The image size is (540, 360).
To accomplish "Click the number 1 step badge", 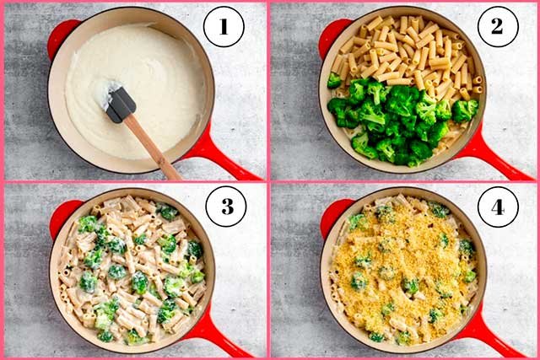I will [223, 27].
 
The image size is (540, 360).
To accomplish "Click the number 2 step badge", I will [498, 27].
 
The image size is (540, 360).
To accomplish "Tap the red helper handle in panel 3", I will [62, 216].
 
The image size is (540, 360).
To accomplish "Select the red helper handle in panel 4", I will [332, 214].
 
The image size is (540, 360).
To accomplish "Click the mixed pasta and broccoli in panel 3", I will [131, 270].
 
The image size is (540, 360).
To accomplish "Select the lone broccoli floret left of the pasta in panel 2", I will [335, 80].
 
